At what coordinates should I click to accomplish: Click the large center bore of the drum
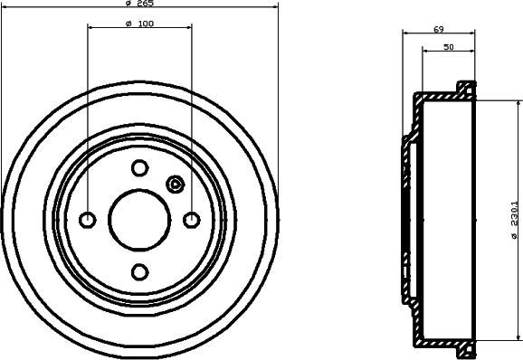139,220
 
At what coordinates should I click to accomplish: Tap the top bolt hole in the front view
139,167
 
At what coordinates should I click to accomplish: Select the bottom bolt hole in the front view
139,271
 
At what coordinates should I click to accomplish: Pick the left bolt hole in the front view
88,220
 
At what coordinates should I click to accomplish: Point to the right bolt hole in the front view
192,220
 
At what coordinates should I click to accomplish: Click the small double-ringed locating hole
176,185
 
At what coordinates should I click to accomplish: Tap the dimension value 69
438,30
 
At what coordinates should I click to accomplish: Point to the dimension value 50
449,47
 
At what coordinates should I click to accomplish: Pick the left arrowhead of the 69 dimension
404,34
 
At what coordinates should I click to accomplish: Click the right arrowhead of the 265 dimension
276,9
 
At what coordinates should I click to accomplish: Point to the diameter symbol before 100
128,24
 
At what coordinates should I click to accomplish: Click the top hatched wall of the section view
443,93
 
